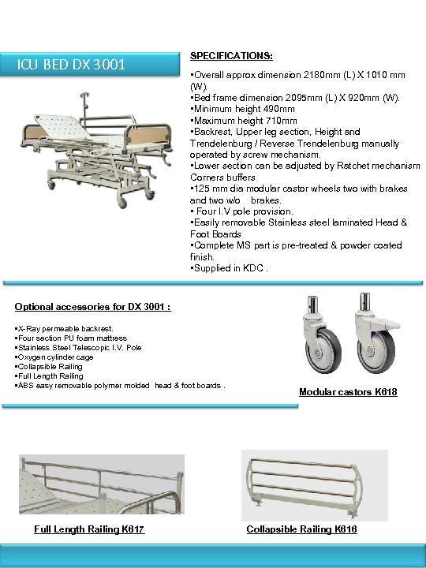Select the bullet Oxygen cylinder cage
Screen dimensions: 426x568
(54, 356)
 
